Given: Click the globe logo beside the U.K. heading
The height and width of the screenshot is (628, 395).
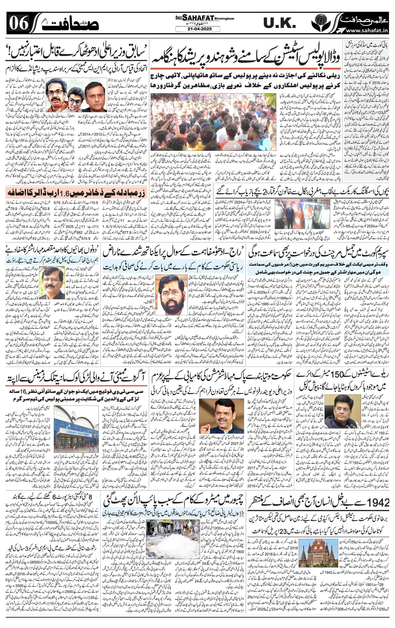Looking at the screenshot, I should tap(319, 23).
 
